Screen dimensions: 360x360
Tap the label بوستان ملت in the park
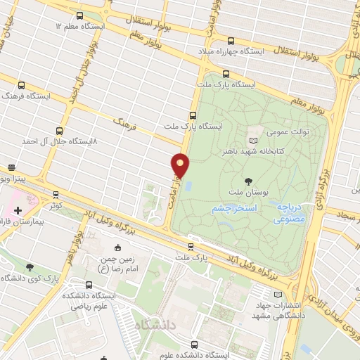coord(246,191)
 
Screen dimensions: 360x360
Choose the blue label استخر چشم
coord(236,210)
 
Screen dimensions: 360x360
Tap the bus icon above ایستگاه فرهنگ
coord(21,85)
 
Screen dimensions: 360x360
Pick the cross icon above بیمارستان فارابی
coord(17,210)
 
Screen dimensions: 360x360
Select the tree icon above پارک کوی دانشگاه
coord(30,267)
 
